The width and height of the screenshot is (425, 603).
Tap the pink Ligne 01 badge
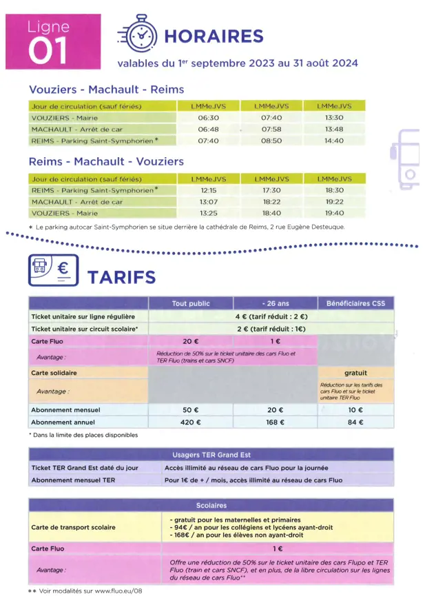point(48,42)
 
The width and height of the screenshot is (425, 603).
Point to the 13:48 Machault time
point(334,129)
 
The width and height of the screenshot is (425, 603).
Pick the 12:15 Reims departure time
point(209,190)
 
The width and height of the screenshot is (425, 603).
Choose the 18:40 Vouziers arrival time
point(271,213)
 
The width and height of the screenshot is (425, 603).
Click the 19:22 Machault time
point(334,201)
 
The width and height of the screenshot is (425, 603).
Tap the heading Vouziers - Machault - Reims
point(106,90)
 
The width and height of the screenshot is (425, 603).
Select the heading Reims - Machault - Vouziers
point(106,162)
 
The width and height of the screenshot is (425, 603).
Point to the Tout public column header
point(190,303)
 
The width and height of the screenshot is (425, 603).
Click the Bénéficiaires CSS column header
point(355,303)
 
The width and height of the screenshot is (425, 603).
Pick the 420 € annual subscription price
point(190,422)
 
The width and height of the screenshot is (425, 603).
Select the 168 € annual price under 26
point(276,422)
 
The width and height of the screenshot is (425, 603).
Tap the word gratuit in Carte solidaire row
point(355,373)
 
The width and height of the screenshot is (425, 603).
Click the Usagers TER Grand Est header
point(211,455)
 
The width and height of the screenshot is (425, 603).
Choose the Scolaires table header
point(211,505)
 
